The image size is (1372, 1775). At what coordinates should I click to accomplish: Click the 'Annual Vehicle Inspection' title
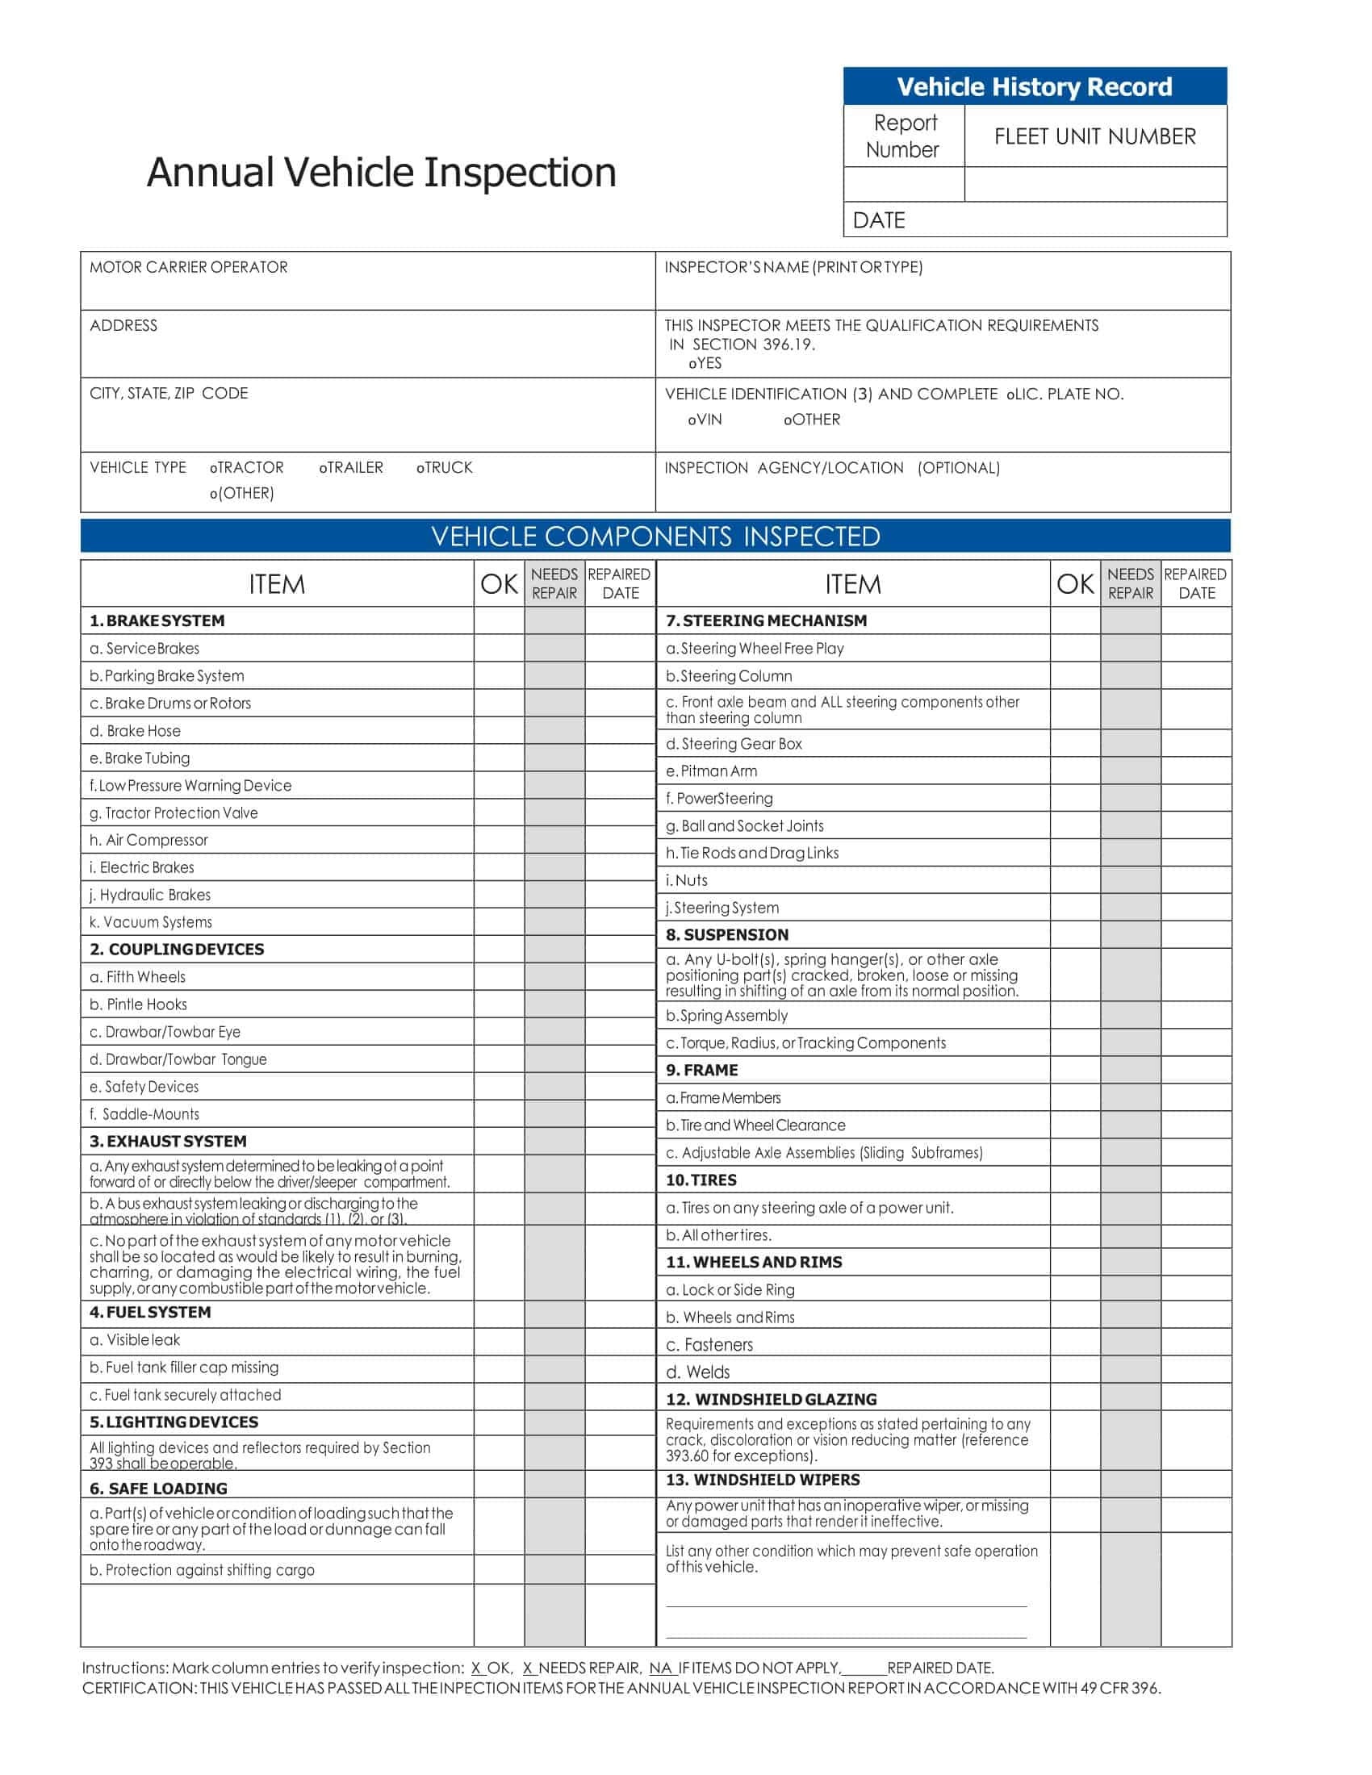[x=381, y=173]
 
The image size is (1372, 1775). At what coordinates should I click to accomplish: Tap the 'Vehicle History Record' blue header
[x=1034, y=87]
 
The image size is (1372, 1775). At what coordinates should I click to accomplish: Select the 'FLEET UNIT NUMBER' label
[x=1095, y=136]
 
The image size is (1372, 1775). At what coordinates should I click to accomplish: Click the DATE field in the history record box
[x=1034, y=220]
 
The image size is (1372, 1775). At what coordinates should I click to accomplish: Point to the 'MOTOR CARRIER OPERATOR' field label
[x=189, y=267]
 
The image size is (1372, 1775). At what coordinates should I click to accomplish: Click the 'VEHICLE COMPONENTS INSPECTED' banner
[x=655, y=537]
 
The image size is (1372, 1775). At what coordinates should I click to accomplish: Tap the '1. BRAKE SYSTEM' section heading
[x=157, y=621]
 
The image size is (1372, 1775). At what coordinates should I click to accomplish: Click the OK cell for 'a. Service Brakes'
[x=499, y=649]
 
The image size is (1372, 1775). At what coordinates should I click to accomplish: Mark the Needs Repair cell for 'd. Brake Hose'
[x=554, y=731]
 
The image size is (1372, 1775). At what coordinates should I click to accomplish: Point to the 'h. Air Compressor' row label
[x=148, y=841]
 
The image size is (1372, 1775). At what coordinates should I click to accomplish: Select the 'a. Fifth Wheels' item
[x=137, y=977]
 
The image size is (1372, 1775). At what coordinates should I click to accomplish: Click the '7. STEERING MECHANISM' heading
[x=767, y=621]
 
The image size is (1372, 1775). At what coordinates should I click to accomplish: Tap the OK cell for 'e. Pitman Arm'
[x=1074, y=771]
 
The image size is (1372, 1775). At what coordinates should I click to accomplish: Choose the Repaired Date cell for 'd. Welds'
[x=1195, y=1372]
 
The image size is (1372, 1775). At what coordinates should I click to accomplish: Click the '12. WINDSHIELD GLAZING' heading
[x=772, y=1400]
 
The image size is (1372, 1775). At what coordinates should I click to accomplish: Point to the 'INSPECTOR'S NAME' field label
[x=793, y=267]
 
